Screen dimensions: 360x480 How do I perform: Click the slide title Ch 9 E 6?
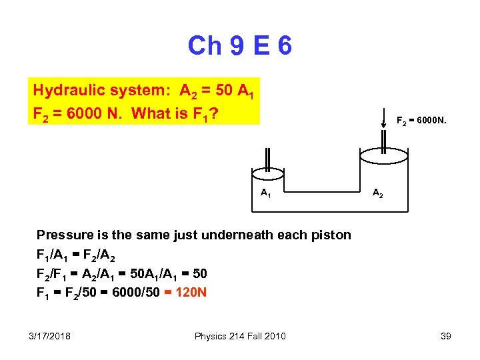(x=240, y=46)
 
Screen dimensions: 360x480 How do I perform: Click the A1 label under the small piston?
(x=265, y=193)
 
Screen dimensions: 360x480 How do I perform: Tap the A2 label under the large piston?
(x=377, y=193)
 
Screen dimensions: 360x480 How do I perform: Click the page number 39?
(x=445, y=336)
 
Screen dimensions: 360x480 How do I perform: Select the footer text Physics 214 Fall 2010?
(x=240, y=336)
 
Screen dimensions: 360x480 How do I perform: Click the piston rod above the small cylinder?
(x=266, y=159)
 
